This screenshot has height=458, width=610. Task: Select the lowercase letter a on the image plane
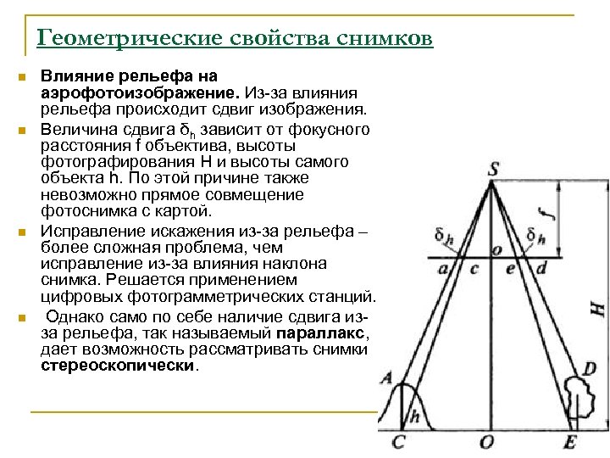click(442, 269)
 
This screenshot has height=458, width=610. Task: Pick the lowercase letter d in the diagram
click(541, 269)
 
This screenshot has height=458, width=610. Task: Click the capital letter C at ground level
click(399, 442)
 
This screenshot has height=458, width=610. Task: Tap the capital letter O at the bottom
click(486, 442)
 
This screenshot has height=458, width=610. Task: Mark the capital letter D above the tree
click(590, 370)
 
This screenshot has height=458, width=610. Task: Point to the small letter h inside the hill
click(414, 416)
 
